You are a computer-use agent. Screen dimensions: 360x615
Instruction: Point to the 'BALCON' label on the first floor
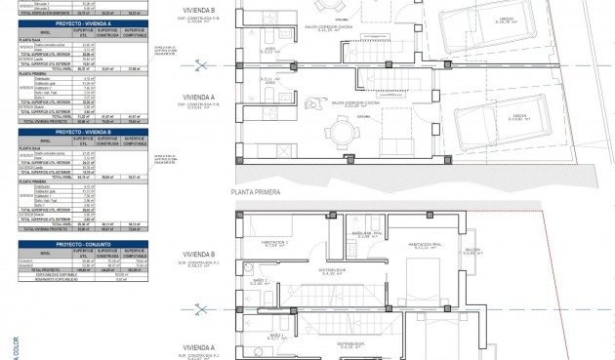click(x=500, y=250)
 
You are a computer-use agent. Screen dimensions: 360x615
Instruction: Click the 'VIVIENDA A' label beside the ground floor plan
click(x=198, y=98)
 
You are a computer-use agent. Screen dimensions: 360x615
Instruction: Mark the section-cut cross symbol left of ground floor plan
click(x=202, y=66)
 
